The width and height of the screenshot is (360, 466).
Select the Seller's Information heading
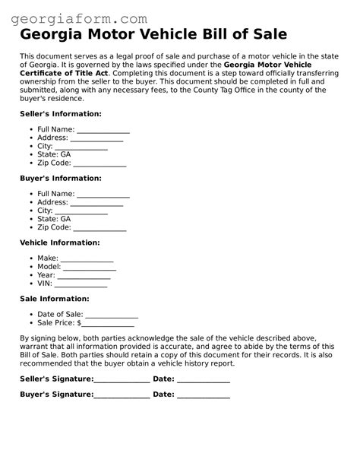[60, 113]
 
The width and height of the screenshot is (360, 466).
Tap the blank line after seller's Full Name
[103, 130]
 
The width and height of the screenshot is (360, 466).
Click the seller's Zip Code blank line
[99, 163]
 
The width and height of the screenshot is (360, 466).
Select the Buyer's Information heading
[60, 178]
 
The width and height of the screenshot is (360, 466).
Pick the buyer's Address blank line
[96, 203]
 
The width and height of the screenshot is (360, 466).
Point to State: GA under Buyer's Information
[54, 219]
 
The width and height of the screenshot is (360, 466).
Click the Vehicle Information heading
[59, 243]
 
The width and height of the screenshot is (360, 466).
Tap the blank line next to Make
[87, 259]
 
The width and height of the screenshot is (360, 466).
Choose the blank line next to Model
[90, 268]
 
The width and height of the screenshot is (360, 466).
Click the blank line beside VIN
[81, 284]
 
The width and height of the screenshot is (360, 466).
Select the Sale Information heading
[54, 299]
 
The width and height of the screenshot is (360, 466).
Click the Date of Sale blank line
[112, 315]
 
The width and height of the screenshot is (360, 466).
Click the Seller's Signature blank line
[122, 379]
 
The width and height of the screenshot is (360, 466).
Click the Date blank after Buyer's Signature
[203, 395]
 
